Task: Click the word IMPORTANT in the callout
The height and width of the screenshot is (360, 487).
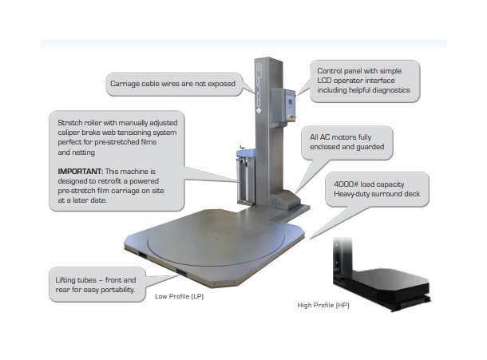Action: pos(78,172)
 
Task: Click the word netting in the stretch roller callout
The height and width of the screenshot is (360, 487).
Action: pos(71,151)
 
